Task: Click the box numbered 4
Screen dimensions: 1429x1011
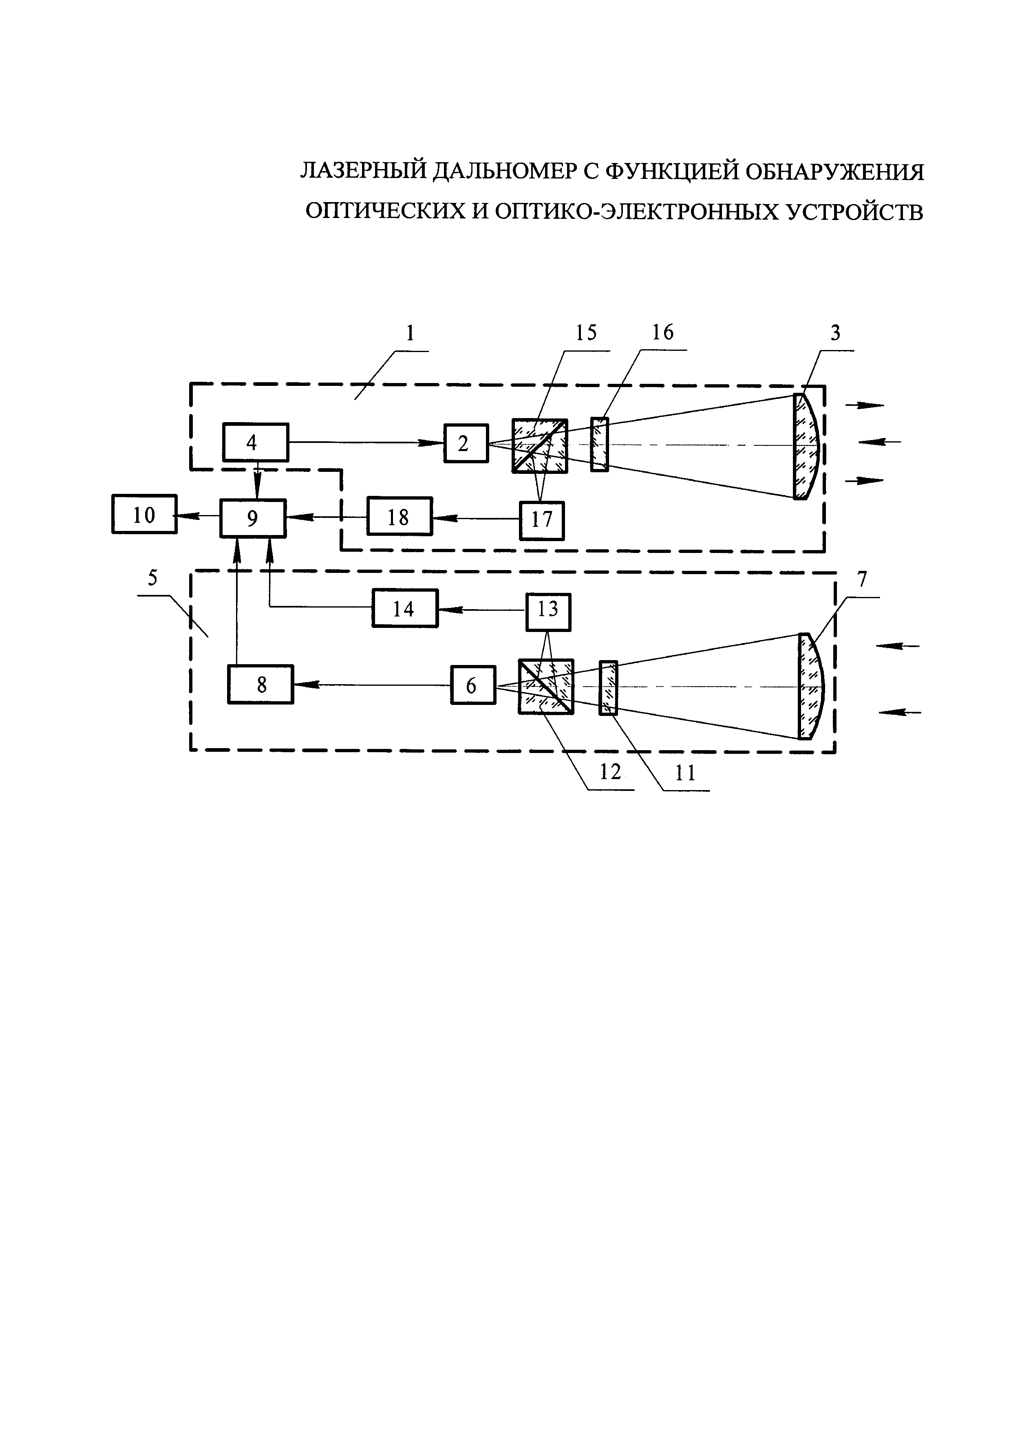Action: click(x=255, y=443)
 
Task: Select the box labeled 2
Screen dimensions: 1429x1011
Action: click(x=466, y=443)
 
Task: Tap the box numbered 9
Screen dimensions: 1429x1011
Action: click(x=253, y=518)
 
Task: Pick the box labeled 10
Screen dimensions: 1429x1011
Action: click(x=144, y=514)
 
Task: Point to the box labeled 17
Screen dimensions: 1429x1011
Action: click(x=542, y=520)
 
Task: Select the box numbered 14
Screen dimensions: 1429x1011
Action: click(x=405, y=608)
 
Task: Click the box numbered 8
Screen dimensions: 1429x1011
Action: click(x=260, y=684)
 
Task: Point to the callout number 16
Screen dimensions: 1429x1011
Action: click(x=662, y=333)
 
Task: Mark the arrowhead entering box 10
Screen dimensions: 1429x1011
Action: click(x=182, y=515)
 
